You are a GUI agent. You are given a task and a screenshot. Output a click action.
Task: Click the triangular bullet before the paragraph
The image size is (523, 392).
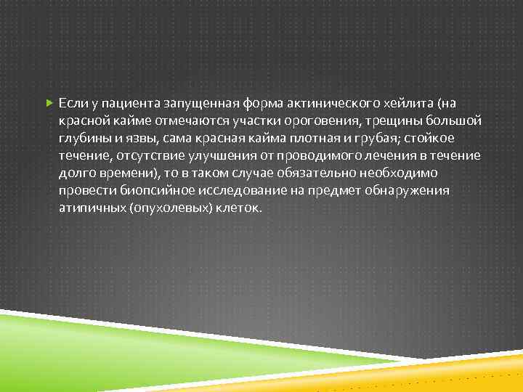click(x=48, y=103)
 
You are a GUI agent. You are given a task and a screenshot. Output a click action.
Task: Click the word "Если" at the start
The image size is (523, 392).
click(x=71, y=103)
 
